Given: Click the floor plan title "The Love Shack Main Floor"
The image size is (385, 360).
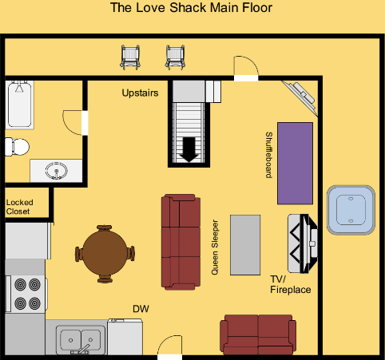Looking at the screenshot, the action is point(191,7).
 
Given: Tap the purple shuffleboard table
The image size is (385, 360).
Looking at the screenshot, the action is point(295,164).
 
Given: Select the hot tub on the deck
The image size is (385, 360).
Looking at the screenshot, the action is point(351,210).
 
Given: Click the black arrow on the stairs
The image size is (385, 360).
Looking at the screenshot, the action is point(189,149).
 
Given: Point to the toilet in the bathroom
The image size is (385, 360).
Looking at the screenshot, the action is point(17,147).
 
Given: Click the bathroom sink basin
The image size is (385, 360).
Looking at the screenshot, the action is point(56,171).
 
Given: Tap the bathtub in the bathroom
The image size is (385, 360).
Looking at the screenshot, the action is point(19,105).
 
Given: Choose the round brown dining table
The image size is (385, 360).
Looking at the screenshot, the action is point(105,253).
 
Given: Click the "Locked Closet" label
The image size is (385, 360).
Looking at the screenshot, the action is point(19,207).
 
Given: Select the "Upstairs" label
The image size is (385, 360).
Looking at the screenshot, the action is point(140,93).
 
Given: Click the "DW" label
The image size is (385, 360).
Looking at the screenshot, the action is point(141,309).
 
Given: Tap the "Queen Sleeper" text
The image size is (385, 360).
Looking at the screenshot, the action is point(215,247).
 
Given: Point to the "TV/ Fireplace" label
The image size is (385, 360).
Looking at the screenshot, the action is point(291,284).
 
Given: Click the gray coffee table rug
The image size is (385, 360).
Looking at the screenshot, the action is point(245,245).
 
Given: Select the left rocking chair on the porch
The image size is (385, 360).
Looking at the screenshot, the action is point(130,57).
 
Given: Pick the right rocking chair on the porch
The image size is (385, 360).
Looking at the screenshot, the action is point(175,57).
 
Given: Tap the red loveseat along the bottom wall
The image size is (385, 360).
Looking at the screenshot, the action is point(258,334).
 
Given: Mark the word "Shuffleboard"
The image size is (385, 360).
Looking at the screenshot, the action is point(269,155).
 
